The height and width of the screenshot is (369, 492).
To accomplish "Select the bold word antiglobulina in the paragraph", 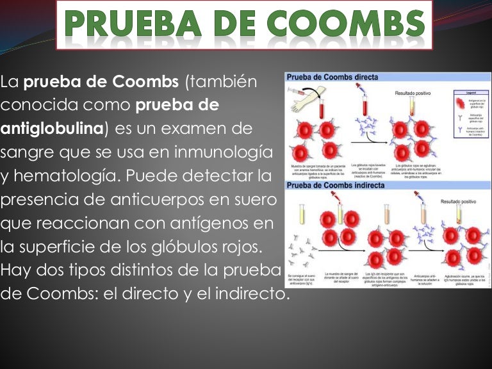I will (x=52, y=129).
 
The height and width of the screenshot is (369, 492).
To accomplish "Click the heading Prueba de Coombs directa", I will (x=332, y=77).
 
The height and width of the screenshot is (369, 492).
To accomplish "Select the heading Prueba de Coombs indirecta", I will (x=336, y=186).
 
